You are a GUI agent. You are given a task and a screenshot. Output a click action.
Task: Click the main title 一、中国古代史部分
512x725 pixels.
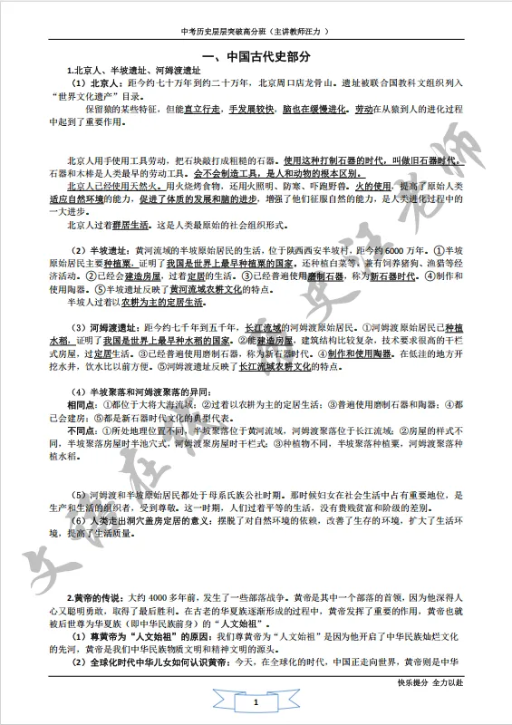click(256, 56)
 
